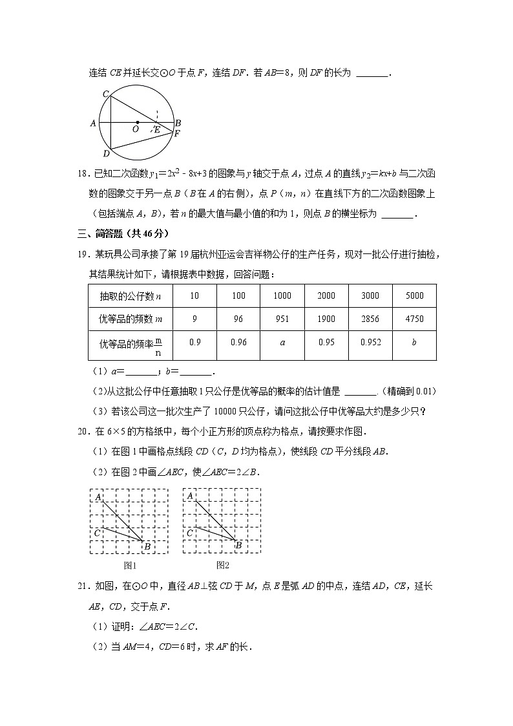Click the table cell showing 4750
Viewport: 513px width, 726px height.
point(414,319)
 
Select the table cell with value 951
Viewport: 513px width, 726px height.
point(282,319)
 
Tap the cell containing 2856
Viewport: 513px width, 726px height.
point(370,319)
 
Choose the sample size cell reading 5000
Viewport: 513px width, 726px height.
point(414,295)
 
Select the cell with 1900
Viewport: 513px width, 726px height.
point(326,319)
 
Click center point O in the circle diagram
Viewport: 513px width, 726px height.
point(136,129)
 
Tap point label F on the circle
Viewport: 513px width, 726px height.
point(176,134)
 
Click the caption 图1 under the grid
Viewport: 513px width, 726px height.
point(130,566)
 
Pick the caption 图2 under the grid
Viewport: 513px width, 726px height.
point(223,566)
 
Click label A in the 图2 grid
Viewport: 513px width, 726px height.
point(191,496)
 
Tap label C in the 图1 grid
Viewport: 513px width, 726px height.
point(97,533)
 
